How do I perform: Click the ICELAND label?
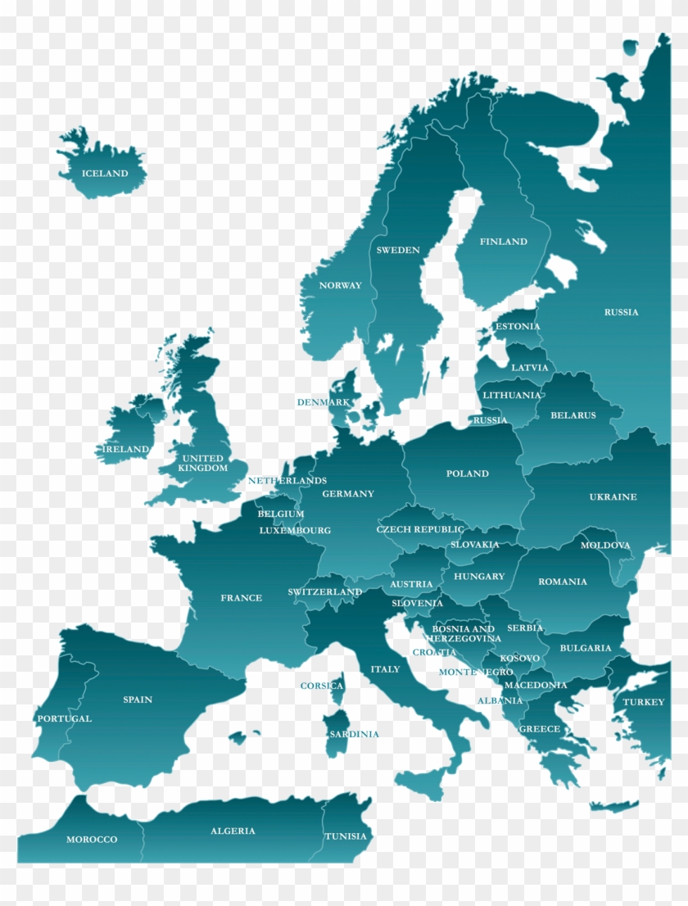coord(105,174)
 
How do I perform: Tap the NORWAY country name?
coord(340,286)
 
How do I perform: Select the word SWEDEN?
coord(398,251)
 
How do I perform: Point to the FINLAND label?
coord(504,242)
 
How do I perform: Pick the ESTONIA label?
coord(518,327)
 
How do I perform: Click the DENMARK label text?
coord(324,403)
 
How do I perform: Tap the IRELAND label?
coord(126,450)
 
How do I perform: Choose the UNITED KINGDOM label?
coord(202,464)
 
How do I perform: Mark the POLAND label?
coord(468,474)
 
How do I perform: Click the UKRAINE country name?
coord(613,497)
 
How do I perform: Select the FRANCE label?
coord(242,599)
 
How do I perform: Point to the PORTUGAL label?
coord(65,719)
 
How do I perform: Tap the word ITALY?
coord(385,670)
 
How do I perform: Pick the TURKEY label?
coord(644,703)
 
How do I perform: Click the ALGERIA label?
coord(233,831)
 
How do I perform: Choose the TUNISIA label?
coord(346,837)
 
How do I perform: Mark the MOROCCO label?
coord(92,840)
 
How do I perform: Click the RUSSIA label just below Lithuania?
coord(490,421)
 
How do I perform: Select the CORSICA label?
coord(322,686)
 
